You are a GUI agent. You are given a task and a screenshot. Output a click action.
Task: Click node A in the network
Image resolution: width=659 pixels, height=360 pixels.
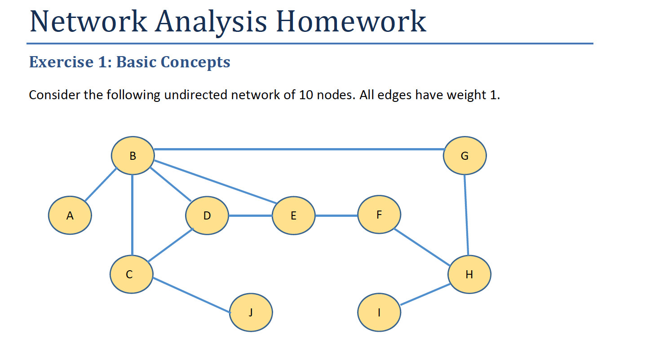tap(70, 215)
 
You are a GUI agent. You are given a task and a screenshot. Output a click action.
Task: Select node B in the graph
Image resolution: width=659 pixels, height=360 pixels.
tap(133, 155)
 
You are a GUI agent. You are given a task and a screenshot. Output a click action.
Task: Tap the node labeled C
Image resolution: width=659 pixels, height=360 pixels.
tap(132, 274)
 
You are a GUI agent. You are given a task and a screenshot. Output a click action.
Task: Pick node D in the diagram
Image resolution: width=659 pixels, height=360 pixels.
tap(207, 215)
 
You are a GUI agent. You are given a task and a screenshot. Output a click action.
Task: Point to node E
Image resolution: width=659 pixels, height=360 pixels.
tap(294, 215)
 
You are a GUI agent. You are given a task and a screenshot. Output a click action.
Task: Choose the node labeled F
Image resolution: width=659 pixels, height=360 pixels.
tap(379, 215)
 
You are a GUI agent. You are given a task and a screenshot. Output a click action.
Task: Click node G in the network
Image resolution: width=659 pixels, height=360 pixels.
tap(465, 155)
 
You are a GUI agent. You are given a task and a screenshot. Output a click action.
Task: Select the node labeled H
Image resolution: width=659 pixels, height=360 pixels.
tap(469, 274)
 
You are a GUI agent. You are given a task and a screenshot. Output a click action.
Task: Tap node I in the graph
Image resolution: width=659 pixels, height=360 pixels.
tap(379, 312)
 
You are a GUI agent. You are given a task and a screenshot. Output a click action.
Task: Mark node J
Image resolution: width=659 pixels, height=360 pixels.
tap(251, 312)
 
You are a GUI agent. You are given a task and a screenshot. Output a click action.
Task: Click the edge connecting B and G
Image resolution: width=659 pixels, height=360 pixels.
tap(300, 149)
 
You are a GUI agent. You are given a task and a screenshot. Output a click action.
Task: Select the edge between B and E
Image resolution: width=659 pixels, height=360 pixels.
tap(215, 182)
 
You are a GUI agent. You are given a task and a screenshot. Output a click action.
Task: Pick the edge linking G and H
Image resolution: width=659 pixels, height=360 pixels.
tap(466, 215)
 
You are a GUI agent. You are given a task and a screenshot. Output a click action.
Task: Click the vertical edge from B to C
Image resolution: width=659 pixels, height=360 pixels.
tap(133, 215)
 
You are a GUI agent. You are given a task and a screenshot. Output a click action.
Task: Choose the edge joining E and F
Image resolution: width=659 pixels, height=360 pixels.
tap(336, 216)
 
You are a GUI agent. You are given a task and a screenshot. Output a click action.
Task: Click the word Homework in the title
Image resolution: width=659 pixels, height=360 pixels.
tap(351, 21)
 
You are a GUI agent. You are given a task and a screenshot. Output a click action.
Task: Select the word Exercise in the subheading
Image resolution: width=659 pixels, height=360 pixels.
tap(61, 62)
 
